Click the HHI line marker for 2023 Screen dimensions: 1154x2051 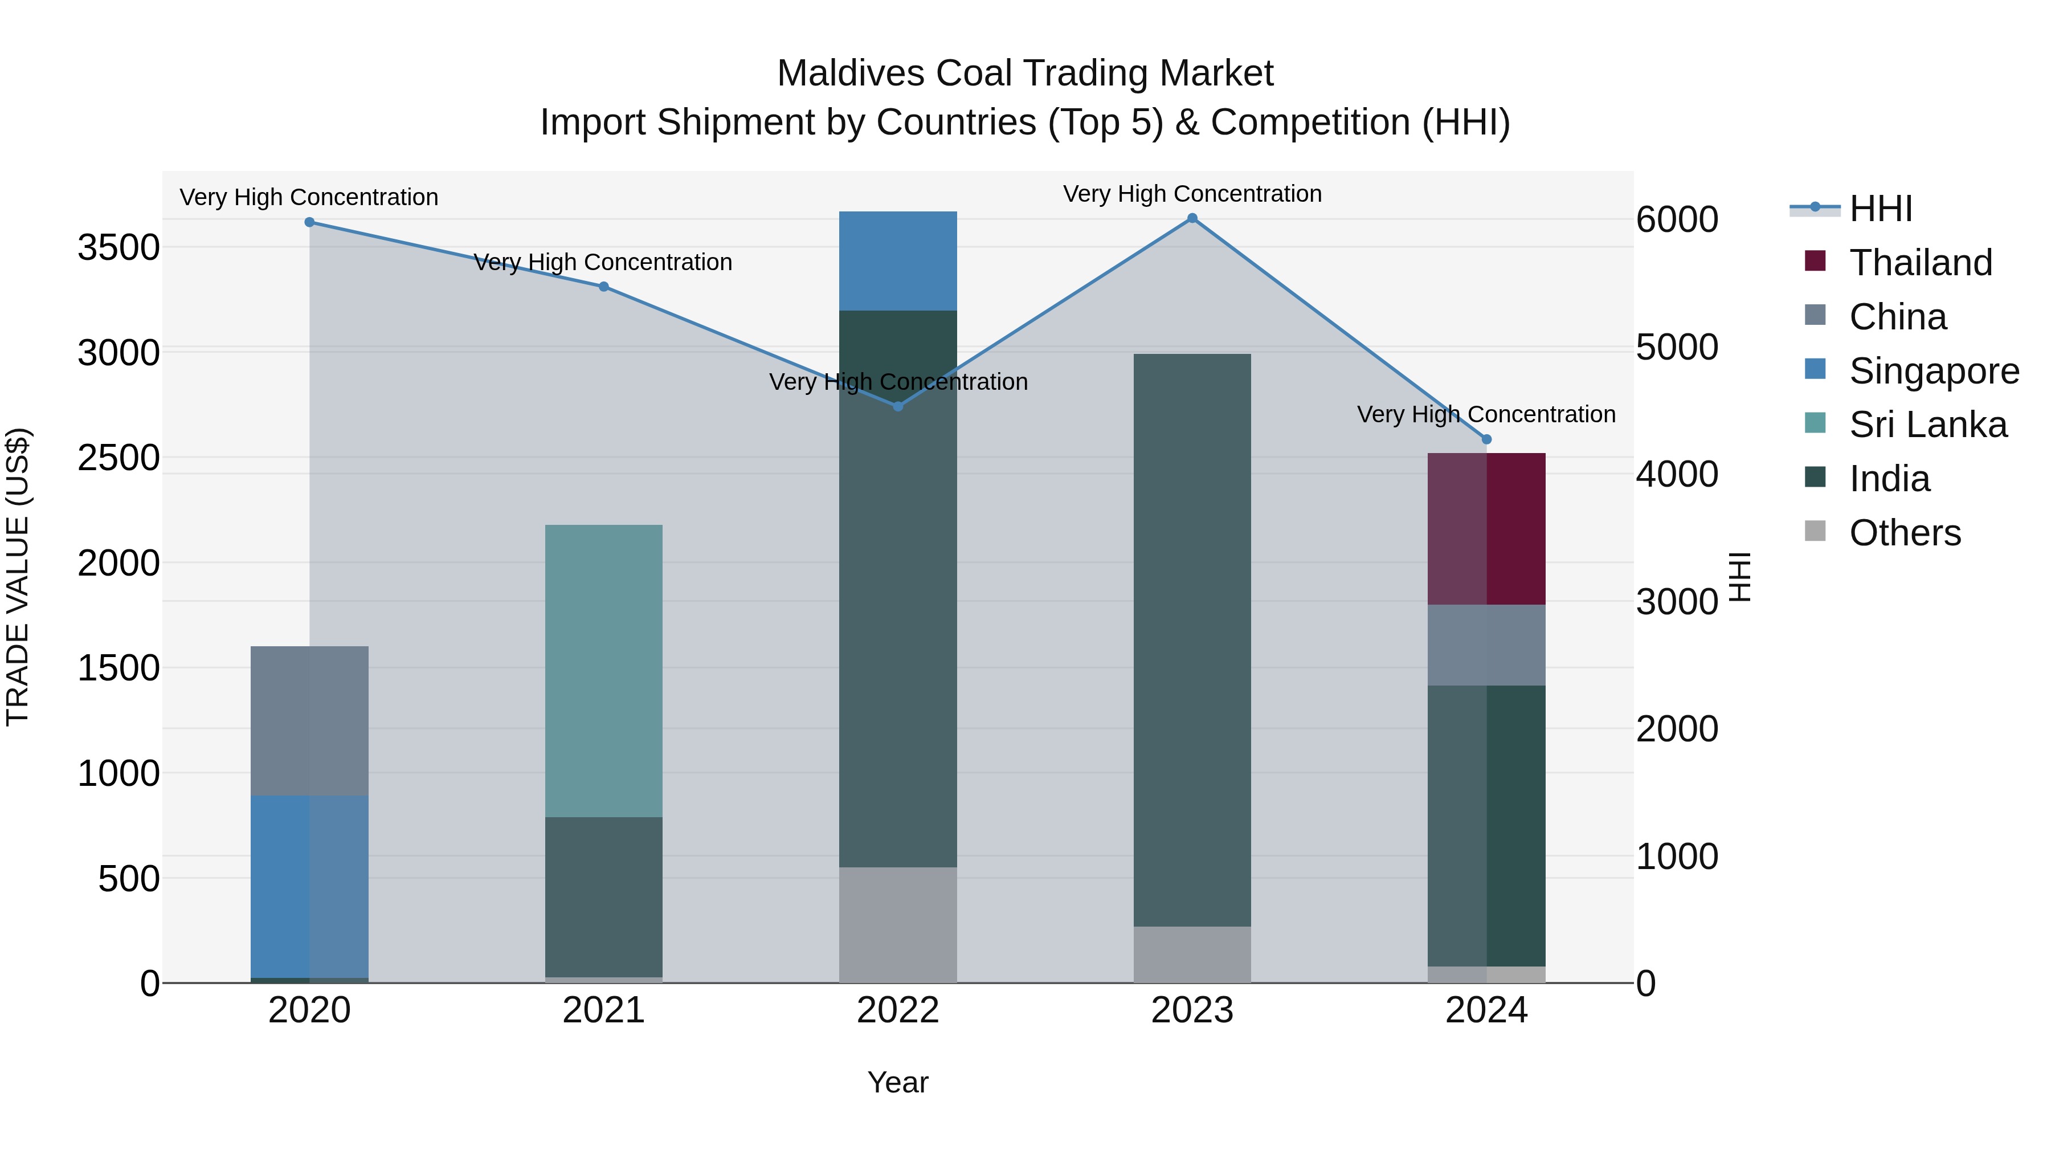(x=1192, y=218)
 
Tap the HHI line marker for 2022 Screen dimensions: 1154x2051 (x=898, y=406)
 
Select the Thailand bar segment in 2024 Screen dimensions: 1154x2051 (x=1486, y=529)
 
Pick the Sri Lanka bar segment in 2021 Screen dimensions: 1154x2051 (x=603, y=671)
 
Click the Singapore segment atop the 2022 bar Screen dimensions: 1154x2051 (x=898, y=261)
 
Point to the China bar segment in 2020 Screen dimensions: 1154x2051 (x=310, y=721)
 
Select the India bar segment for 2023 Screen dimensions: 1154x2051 (x=1192, y=639)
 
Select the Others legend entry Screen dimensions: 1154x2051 (x=1903, y=533)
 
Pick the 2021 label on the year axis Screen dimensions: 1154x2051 (x=603, y=1010)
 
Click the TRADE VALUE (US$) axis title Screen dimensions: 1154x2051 (x=18, y=577)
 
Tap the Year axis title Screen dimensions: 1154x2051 (x=897, y=1082)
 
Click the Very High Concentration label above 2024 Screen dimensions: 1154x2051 (x=1486, y=414)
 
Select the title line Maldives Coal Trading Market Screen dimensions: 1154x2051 (x=1025, y=74)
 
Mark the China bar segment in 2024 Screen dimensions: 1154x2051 (x=1486, y=645)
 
